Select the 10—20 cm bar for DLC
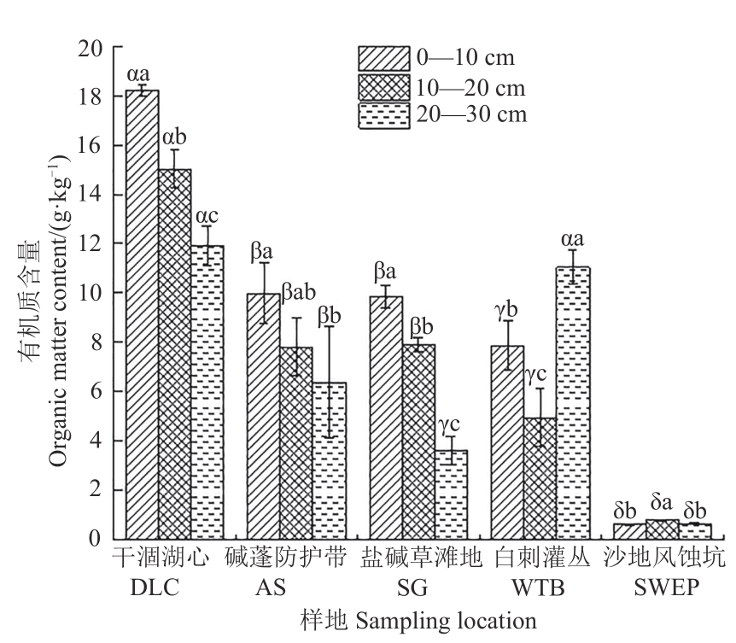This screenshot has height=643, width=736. [175, 354]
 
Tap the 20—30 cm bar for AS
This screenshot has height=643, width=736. [330, 460]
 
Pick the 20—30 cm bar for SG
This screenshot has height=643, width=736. [451, 494]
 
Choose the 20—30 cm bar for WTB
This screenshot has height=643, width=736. [573, 402]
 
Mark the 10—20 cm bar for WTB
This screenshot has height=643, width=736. [540, 478]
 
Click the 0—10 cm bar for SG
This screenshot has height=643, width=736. [385, 418]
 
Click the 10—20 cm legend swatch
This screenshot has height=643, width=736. [383, 86]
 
